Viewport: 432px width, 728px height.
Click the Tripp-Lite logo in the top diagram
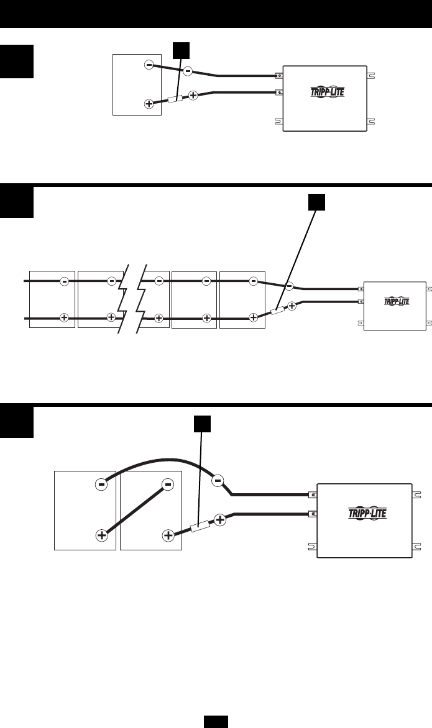[x=326, y=93]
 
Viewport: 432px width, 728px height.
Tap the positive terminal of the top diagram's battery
[x=149, y=104]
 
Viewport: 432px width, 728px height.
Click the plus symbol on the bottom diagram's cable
[x=220, y=519]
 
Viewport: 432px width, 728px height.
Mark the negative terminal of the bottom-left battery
[x=101, y=483]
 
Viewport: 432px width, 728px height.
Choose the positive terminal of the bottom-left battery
[x=101, y=534]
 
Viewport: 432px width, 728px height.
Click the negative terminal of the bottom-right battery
[x=167, y=483]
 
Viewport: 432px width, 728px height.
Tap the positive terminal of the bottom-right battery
[x=167, y=534]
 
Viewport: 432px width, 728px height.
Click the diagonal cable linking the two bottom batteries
[x=134, y=509]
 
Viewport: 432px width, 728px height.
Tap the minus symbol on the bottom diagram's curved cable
[x=218, y=480]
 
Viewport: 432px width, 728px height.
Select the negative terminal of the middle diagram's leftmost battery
[x=64, y=281]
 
